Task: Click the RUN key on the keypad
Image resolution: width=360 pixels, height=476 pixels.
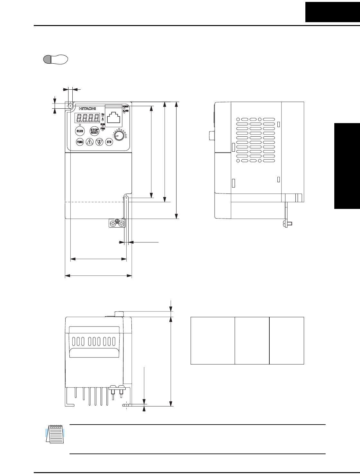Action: (80, 131)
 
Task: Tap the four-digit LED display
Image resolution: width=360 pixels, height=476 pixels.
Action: (87, 118)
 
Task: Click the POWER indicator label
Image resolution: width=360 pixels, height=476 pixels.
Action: (125, 106)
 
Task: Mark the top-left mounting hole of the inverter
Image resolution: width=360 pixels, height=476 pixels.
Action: (70, 105)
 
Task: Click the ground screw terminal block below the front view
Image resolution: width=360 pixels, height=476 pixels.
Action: (117, 223)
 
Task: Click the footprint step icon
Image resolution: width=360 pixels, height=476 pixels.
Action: (55, 59)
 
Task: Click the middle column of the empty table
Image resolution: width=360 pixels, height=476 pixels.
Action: (252, 340)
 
